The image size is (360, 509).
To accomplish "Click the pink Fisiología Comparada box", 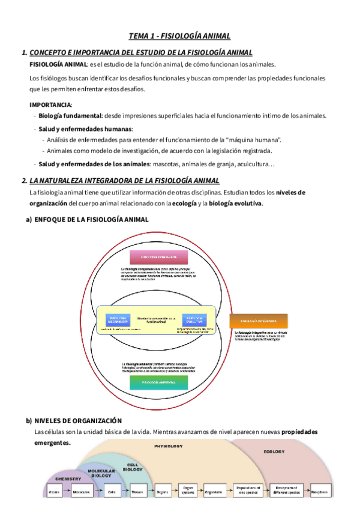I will click(x=158, y=258).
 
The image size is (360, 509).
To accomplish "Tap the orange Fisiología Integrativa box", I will click(x=259, y=321).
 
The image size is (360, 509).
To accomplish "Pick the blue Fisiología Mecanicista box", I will click(x=117, y=319).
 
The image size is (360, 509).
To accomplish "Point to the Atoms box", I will click(x=54, y=492).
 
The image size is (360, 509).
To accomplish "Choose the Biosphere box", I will click(x=319, y=492).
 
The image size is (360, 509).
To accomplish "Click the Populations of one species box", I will click(x=247, y=492).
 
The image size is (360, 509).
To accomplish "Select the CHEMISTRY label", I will click(x=68, y=479).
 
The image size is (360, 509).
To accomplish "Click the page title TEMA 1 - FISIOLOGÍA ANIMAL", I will click(x=179, y=36).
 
